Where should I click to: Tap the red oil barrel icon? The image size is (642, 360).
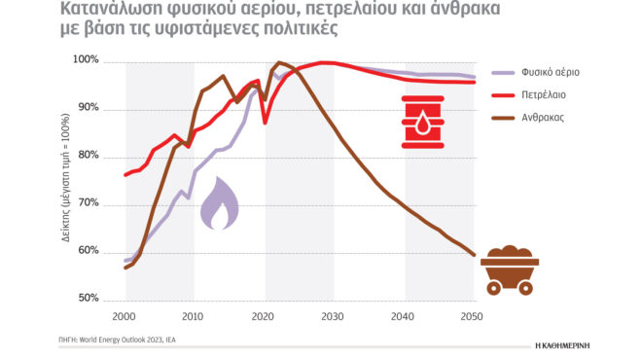[423, 123]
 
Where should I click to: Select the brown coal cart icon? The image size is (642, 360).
[508, 269]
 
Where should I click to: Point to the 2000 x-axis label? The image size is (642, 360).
[125, 317]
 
